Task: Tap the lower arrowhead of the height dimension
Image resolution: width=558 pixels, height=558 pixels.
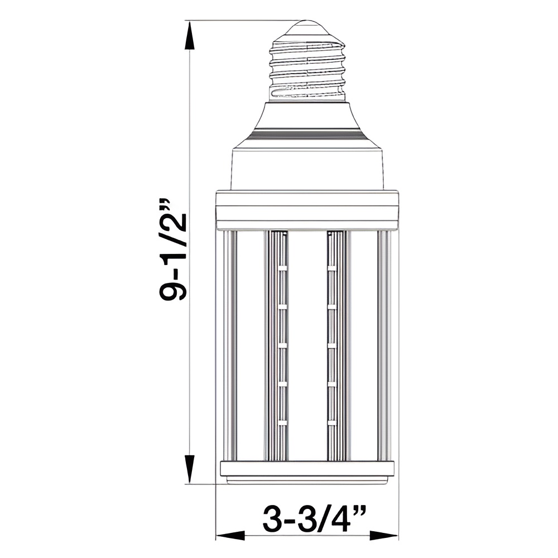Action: [x=190, y=470]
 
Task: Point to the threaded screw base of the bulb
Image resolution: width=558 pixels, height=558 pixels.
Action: [x=308, y=68]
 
